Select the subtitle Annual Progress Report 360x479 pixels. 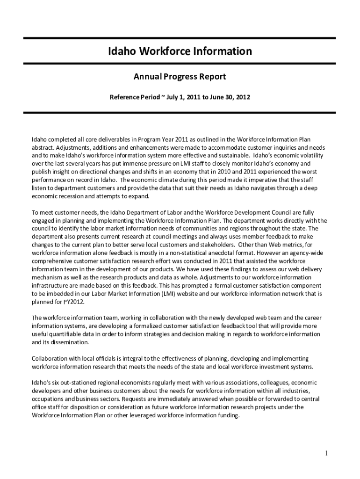pos(180,76)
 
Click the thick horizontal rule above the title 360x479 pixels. pos(180,38)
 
